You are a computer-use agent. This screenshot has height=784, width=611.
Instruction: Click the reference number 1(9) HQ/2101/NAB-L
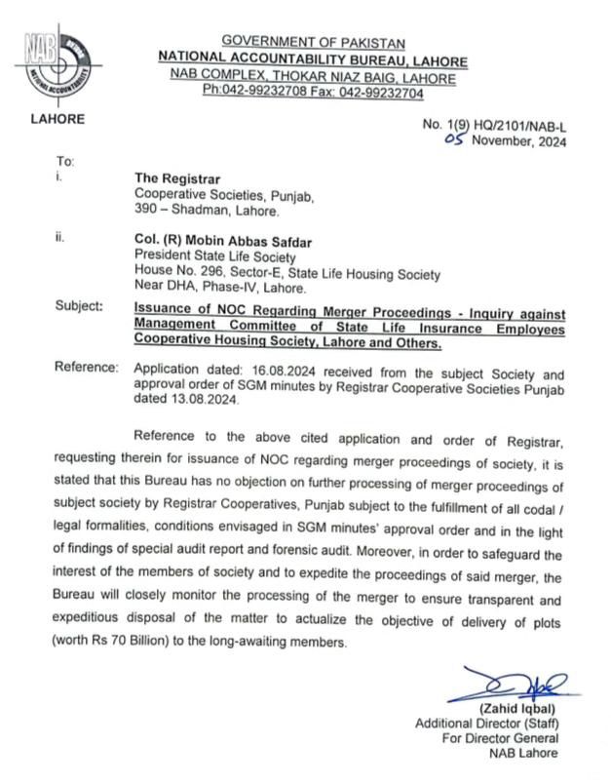click(506, 126)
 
